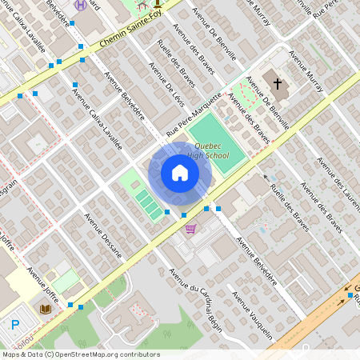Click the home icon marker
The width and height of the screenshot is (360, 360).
pos(179,173)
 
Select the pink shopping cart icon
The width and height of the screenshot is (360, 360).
pos(190,229)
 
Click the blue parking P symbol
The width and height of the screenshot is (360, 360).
pos(15,325)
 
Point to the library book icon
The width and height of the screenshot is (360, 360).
pos(45,308)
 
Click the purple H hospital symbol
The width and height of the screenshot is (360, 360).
pos(79,4)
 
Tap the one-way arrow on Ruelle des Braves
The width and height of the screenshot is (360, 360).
pos(266,177)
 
